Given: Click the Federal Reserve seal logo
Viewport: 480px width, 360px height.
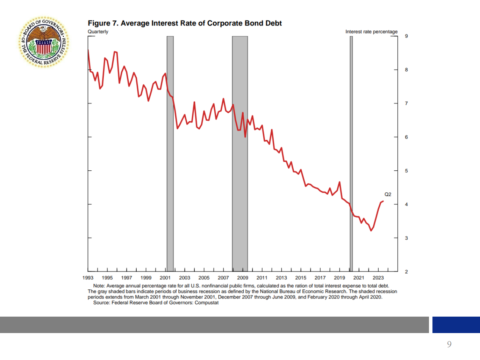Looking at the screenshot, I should [44, 42].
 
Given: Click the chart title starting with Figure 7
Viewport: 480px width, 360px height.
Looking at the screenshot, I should [185, 23].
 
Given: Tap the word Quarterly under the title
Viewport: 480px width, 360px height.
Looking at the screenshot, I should [98, 31].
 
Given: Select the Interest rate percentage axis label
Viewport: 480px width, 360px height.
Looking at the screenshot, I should [371, 31].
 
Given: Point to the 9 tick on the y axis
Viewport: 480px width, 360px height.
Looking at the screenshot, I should [406, 36].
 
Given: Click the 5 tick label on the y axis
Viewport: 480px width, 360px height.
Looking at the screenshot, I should [406, 171].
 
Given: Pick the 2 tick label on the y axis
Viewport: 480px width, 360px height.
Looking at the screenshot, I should [406, 271].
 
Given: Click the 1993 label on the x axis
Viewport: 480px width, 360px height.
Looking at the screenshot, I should [88, 278].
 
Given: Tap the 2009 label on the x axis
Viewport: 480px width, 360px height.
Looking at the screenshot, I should [243, 278].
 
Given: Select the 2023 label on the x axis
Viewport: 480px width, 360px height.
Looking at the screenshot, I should [378, 278].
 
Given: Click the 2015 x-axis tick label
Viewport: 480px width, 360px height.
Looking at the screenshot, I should [301, 278].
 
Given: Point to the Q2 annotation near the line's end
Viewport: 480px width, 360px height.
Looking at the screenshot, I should [388, 195].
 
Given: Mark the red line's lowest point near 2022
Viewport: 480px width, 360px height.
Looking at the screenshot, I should [371, 231].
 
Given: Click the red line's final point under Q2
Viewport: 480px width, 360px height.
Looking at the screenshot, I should [383, 201].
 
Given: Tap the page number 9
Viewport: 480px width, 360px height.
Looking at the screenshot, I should [449, 344].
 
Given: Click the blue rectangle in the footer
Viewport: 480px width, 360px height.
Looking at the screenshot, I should [456, 325].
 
